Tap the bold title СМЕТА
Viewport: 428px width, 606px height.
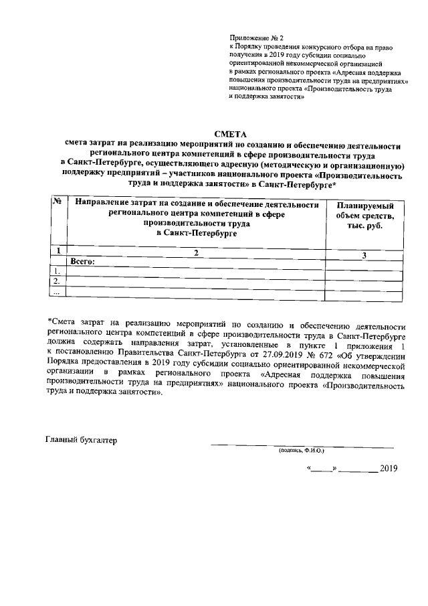click(230, 135)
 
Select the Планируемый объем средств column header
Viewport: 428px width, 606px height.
click(364, 216)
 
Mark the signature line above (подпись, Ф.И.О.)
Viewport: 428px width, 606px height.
click(302, 446)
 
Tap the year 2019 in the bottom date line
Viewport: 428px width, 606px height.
click(389, 469)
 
